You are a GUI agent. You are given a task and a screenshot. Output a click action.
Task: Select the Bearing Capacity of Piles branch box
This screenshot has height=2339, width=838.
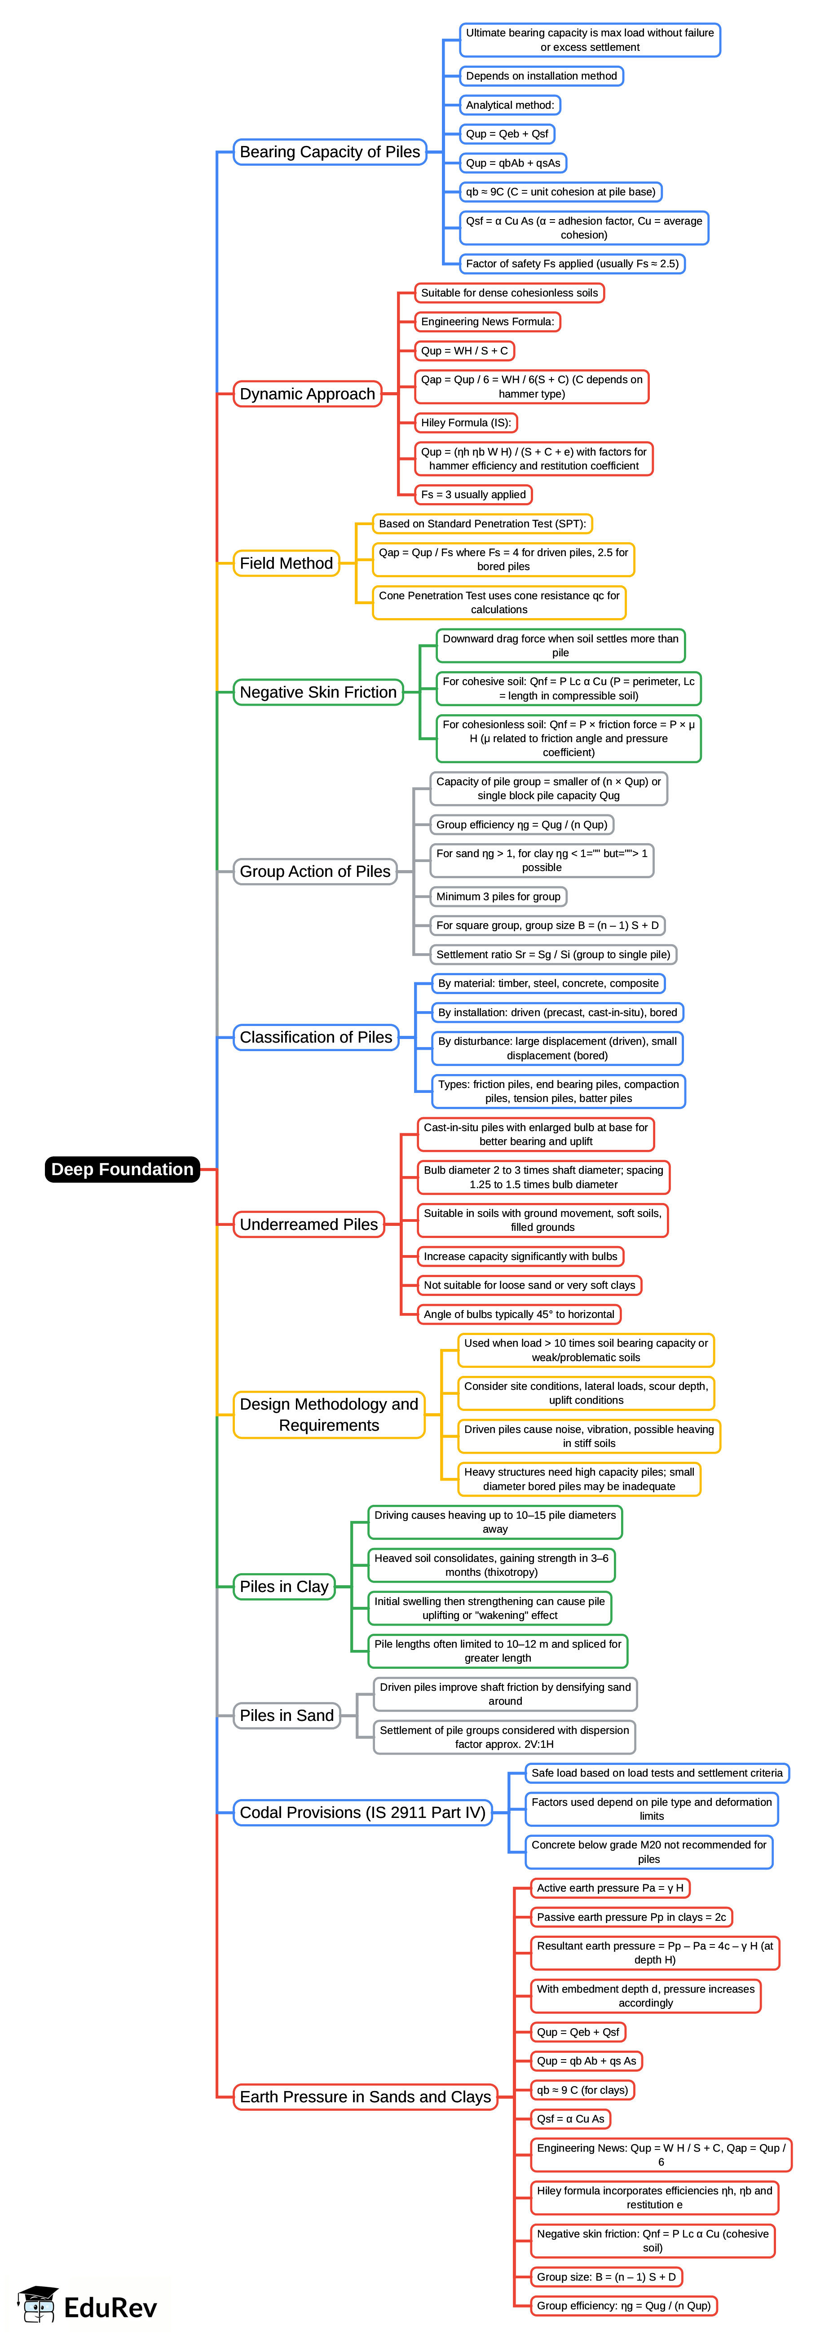(330, 152)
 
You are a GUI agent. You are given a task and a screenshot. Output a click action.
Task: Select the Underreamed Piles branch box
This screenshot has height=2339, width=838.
(309, 1224)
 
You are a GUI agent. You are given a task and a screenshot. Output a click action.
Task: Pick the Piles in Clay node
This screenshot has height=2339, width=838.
(284, 1586)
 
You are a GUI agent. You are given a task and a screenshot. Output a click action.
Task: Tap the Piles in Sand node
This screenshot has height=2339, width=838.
(287, 1715)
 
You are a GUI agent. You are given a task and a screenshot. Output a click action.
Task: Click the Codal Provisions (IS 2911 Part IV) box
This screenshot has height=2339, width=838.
(362, 1813)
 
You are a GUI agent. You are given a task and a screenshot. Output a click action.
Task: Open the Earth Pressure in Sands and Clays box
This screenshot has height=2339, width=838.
(365, 2096)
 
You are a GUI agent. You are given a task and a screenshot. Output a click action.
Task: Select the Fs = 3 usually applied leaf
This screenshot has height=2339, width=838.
(473, 495)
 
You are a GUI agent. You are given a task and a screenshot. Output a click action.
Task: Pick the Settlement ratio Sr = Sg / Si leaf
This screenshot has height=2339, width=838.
(553, 954)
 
